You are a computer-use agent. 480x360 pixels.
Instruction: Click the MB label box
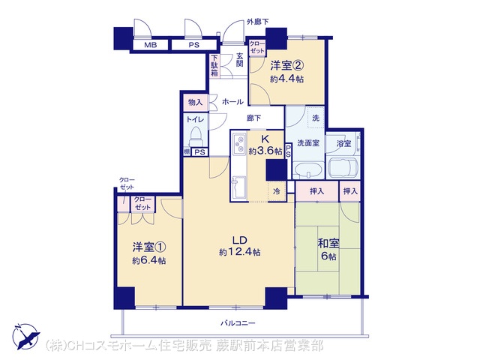(150, 45)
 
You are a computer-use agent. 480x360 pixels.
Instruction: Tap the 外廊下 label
(258, 22)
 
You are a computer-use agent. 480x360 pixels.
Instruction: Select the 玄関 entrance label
(240, 60)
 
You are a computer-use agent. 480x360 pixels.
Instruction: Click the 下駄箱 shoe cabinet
(214, 65)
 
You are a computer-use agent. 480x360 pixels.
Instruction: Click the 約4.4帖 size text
(286, 79)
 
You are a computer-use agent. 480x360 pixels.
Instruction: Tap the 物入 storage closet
(196, 103)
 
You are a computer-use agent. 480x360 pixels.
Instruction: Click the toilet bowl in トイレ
(196, 136)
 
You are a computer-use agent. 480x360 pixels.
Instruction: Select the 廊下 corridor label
(254, 118)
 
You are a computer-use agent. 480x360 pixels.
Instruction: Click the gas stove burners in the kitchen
(238, 144)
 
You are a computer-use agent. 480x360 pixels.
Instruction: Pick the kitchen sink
(238, 187)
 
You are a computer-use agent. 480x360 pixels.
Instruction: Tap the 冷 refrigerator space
(277, 192)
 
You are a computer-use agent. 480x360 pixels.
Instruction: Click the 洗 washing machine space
(316, 118)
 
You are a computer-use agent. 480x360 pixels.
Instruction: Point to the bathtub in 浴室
(343, 168)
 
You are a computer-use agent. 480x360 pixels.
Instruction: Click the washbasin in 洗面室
(308, 170)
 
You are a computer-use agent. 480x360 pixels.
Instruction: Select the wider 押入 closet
(316, 192)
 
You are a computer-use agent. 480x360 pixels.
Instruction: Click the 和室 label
(328, 243)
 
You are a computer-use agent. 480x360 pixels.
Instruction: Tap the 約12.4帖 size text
(240, 252)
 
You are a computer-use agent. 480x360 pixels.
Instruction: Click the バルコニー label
(238, 323)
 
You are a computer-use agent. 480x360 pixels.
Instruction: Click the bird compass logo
(25, 336)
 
